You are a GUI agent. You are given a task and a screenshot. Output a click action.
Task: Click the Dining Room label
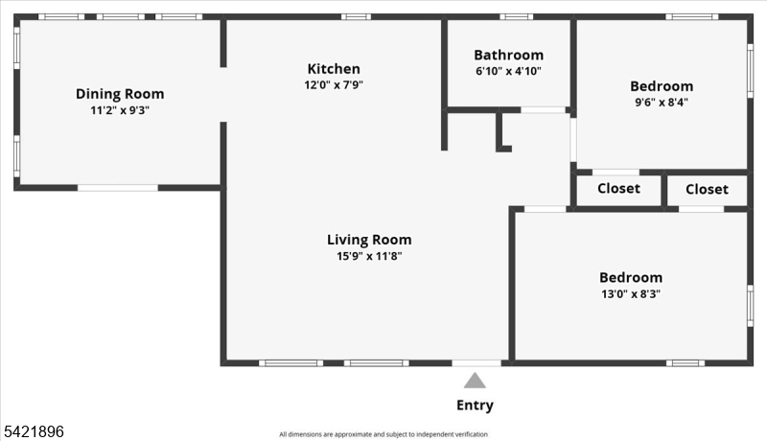point(120,94)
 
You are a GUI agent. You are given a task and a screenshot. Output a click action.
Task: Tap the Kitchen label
point(334,68)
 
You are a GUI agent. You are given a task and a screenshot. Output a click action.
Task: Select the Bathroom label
point(508,55)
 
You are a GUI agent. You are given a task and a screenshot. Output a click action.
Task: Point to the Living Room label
point(369,240)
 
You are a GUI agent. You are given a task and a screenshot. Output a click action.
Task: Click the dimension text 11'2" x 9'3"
point(120,110)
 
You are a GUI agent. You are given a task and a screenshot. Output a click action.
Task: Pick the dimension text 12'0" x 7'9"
point(334,84)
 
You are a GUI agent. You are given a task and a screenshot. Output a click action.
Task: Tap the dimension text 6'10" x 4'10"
point(508,71)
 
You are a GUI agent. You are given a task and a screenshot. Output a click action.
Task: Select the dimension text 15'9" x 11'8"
point(369,256)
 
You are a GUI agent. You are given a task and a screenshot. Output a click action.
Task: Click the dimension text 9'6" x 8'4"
point(662,102)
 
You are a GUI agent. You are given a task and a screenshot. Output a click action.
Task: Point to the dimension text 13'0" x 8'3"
point(631,293)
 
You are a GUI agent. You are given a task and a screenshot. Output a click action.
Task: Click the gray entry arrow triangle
point(475,381)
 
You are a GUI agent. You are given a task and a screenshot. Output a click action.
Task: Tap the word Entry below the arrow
point(475,405)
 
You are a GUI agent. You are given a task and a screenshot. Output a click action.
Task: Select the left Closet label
point(618,189)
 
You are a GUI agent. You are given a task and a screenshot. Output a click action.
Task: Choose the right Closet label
point(707,189)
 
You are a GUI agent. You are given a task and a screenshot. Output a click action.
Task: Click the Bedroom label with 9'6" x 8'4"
point(662,85)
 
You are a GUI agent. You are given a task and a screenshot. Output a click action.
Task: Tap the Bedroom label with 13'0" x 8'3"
point(631,277)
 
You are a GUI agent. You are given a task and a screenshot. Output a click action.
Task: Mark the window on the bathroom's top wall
point(516,16)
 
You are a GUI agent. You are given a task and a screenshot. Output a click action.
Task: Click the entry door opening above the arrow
point(476,362)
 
